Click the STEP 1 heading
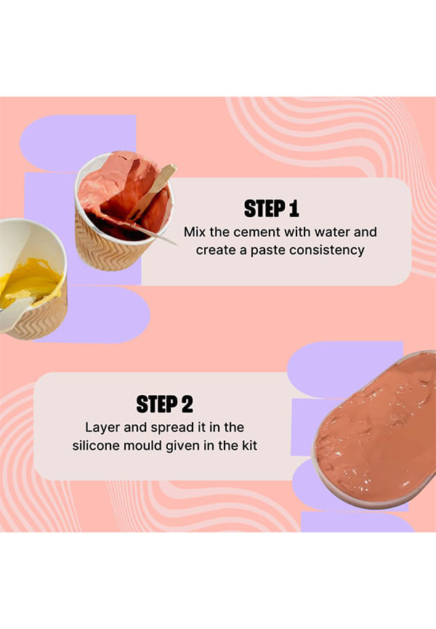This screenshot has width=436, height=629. click(271, 208)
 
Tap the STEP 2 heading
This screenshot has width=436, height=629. click(165, 404)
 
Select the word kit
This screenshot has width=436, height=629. click(249, 446)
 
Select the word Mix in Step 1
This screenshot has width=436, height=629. click(195, 232)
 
